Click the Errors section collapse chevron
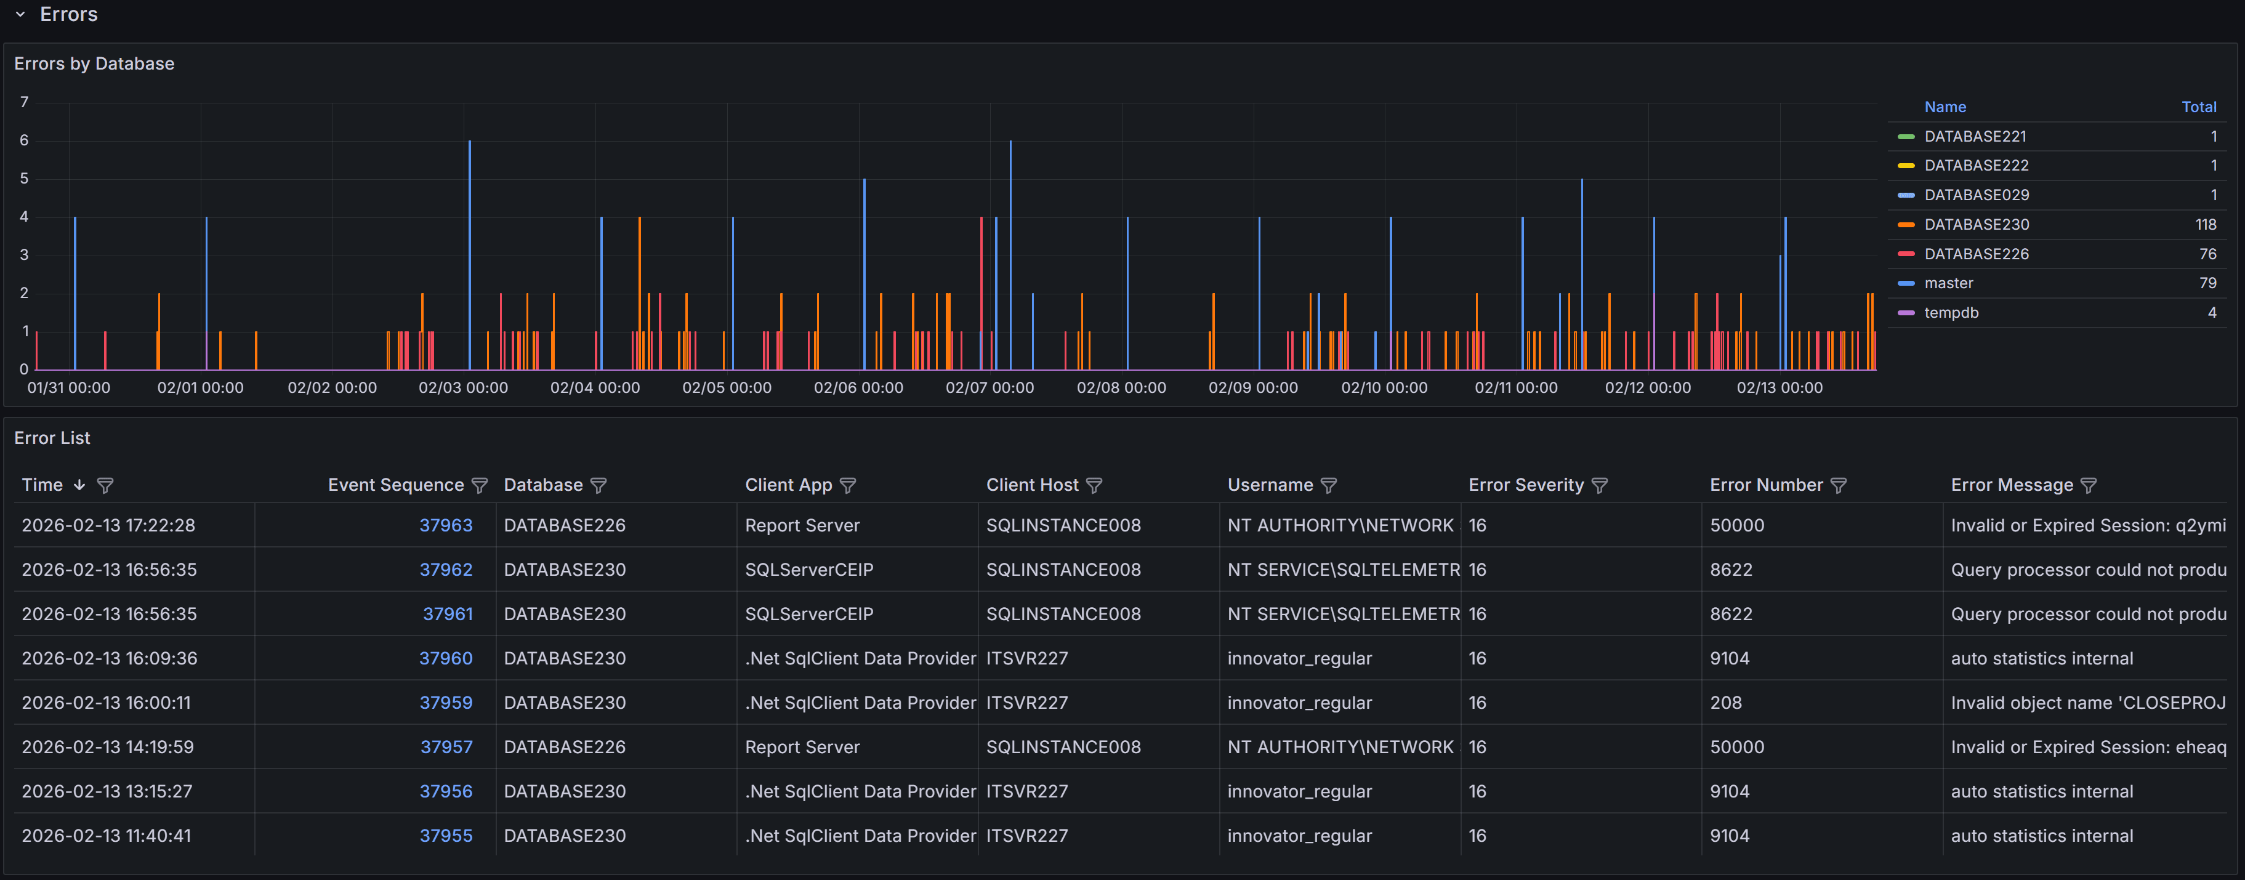tap(20, 15)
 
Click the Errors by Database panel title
tap(94, 63)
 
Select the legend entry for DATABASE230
tap(1976, 225)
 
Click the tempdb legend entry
tap(1951, 313)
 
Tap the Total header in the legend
tap(2198, 107)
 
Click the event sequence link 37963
tap(445, 525)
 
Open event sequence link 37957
tap(446, 748)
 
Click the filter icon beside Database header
tap(599, 486)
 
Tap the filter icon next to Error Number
tap(1838, 486)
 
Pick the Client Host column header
tap(1032, 485)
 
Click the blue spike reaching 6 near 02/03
tap(470, 218)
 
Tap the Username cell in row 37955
tap(1299, 836)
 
